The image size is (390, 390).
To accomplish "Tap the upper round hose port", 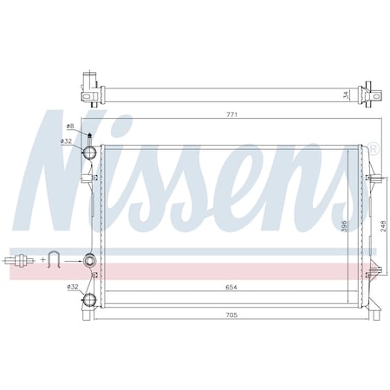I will click(x=88, y=153).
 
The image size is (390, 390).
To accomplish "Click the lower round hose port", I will click(x=88, y=301).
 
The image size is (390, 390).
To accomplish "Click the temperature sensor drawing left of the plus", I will click(x=19, y=258).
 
